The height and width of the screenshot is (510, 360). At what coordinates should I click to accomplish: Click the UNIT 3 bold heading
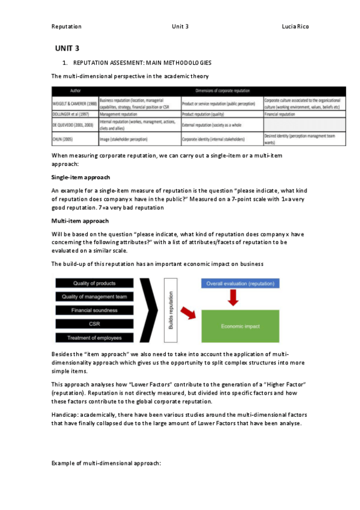click(67, 48)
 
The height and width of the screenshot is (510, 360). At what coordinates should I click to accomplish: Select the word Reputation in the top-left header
click(66, 26)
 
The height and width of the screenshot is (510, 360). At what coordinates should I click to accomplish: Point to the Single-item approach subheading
click(81, 178)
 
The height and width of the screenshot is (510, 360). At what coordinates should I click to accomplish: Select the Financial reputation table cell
click(280, 114)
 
